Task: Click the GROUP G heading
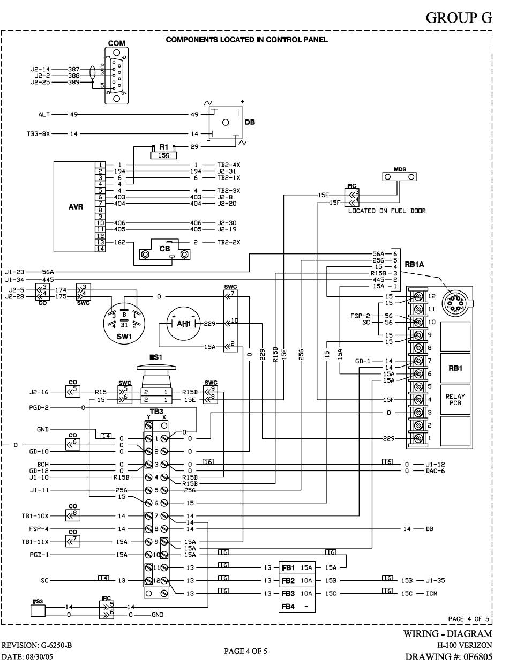459,18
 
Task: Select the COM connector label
117,43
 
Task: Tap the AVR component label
76,207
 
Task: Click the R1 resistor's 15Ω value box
163,155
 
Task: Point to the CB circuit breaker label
164,249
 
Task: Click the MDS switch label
400,169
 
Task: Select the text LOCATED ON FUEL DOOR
387,211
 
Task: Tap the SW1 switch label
124,337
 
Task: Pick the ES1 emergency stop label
156,357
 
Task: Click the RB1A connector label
414,264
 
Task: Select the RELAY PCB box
455,400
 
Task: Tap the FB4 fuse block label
288,606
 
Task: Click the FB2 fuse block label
288,580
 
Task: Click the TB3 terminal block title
156,412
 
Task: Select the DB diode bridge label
250,122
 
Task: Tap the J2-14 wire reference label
40,69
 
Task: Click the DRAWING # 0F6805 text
449,657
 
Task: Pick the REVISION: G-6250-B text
37,645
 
